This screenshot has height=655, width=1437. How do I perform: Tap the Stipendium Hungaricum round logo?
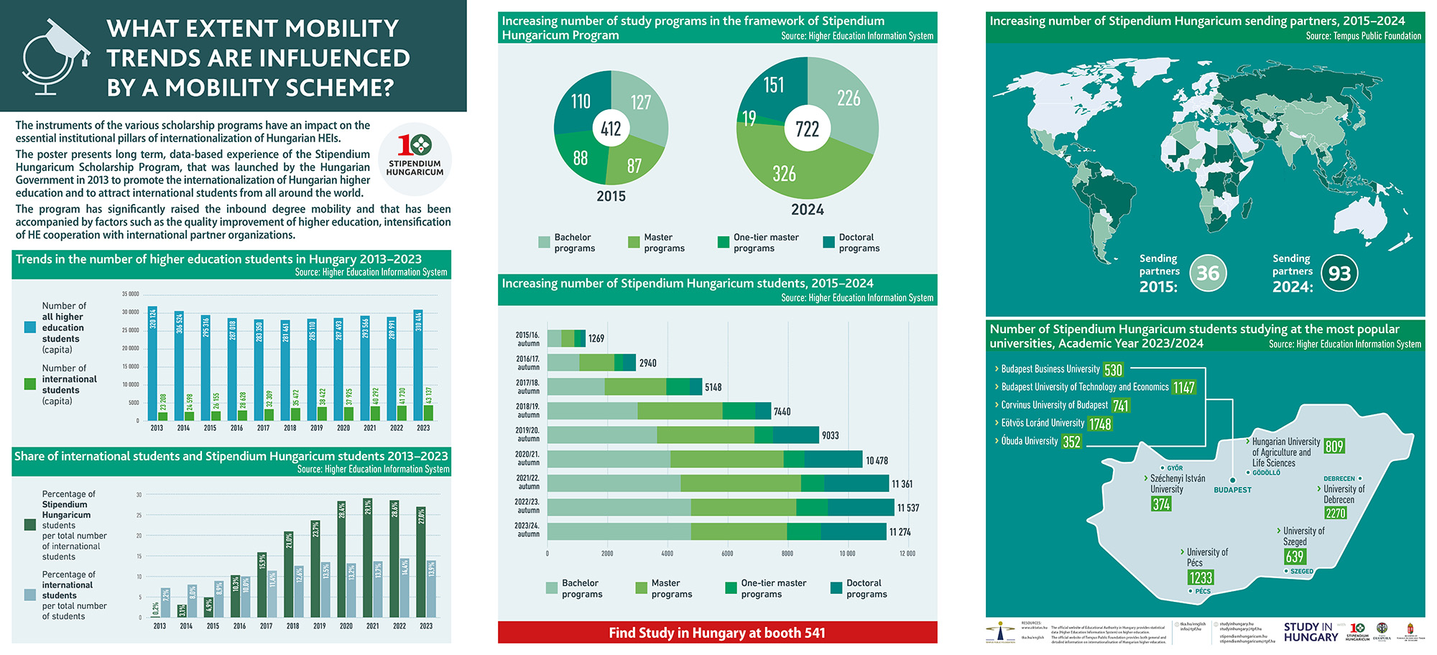coord(415,159)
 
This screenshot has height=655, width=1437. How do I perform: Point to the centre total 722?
coord(807,129)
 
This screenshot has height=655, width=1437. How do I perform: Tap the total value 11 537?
coord(907,508)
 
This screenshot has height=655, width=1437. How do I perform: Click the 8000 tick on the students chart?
coord(787,554)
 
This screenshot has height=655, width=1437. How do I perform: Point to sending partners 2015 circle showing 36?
coord(1208,274)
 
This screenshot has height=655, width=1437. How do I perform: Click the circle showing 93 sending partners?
coord(1339,274)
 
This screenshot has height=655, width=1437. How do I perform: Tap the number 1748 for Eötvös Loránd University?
coord(1099,424)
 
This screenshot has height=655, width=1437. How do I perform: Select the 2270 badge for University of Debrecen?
coord(1336,514)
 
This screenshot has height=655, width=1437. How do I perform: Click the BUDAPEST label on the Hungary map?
coord(1232,490)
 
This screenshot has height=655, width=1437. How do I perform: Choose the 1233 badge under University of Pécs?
coord(1200,577)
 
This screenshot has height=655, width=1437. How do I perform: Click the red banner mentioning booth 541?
coord(717,633)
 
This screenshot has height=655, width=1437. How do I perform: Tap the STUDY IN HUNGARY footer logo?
coord(1311,632)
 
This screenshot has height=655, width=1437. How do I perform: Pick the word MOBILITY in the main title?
coord(343,29)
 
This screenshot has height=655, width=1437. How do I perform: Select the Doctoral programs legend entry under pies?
coord(851,243)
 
